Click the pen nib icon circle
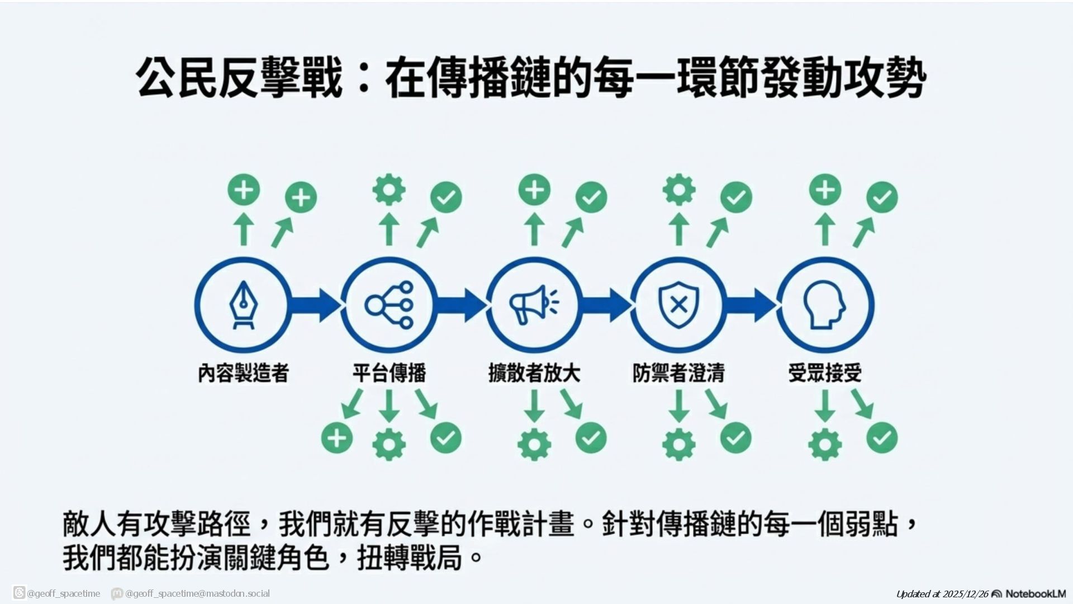pos(243,305)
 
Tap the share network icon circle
pos(389,305)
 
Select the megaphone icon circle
pos(534,305)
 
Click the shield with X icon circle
pos(678,305)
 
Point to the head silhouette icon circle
pos(825,305)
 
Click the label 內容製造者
pos(243,373)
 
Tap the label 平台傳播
pos(389,373)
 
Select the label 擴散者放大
pos(534,373)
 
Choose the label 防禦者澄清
pos(678,373)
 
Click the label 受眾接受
pos(825,373)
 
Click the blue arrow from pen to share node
pos(316,305)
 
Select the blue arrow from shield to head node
pos(752,305)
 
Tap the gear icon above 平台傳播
pos(389,190)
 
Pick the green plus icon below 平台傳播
pos(337,438)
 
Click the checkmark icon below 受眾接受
pos(882,438)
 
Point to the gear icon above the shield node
pos(679,190)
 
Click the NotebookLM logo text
pos(1036,594)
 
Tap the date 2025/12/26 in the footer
pos(965,594)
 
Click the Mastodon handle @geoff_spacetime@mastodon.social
pos(197,593)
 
